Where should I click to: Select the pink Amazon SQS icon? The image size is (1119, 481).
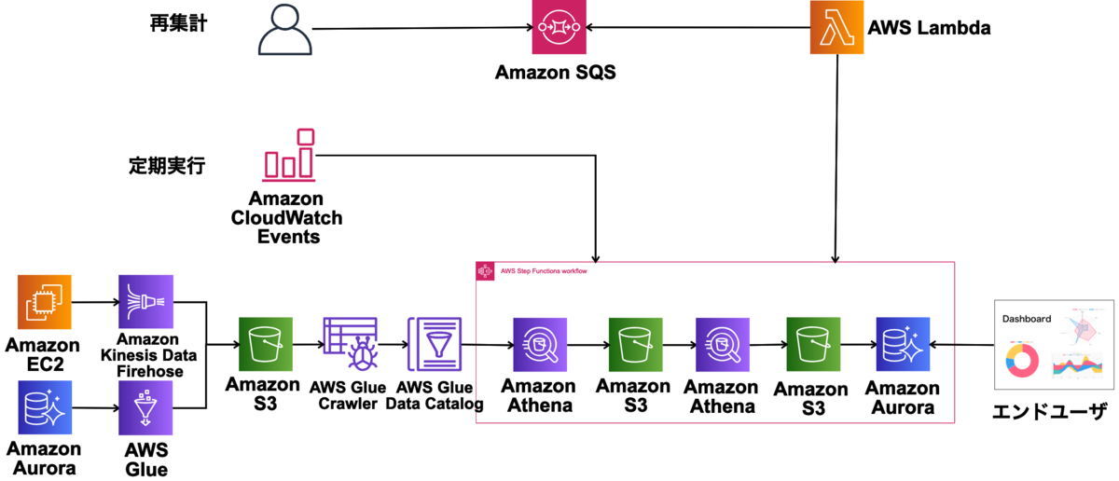click(559, 29)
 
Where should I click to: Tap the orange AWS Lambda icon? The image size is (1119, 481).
click(836, 29)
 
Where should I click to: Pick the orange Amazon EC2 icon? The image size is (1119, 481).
click(45, 302)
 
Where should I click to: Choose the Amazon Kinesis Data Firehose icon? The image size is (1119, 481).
click(145, 302)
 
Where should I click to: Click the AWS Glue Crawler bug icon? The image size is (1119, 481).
click(350, 345)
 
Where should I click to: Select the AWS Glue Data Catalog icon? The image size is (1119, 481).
click(434, 345)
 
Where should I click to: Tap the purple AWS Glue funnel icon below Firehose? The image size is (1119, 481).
click(145, 406)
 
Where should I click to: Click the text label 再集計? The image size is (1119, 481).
click(178, 24)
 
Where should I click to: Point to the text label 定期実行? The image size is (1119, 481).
click(166, 168)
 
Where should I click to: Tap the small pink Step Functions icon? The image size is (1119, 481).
click(485, 271)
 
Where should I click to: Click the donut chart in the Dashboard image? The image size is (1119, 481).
click(1024, 360)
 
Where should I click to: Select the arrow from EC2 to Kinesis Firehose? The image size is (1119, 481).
click(93, 302)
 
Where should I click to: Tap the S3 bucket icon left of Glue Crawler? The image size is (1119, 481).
click(266, 345)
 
